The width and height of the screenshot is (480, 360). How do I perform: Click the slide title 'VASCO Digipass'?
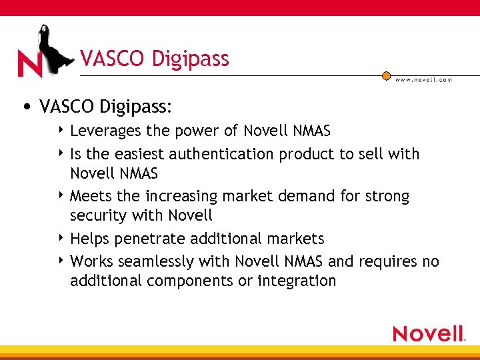click(x=154, y=59)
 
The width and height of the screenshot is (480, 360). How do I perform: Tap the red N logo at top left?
click(x=29, y=64)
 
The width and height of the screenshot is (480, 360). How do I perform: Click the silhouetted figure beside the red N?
click(x=51, y=47)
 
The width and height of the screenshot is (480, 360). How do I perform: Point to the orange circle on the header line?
click(x=386, y=76)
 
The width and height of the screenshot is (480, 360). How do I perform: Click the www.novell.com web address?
click(x=423, y=80)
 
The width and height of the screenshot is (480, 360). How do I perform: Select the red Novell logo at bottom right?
click(x=428, y=333)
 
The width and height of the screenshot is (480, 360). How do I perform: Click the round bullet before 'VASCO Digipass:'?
click(x=25, y=107)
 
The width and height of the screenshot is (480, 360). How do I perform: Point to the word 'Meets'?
click(x=89, y=196)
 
